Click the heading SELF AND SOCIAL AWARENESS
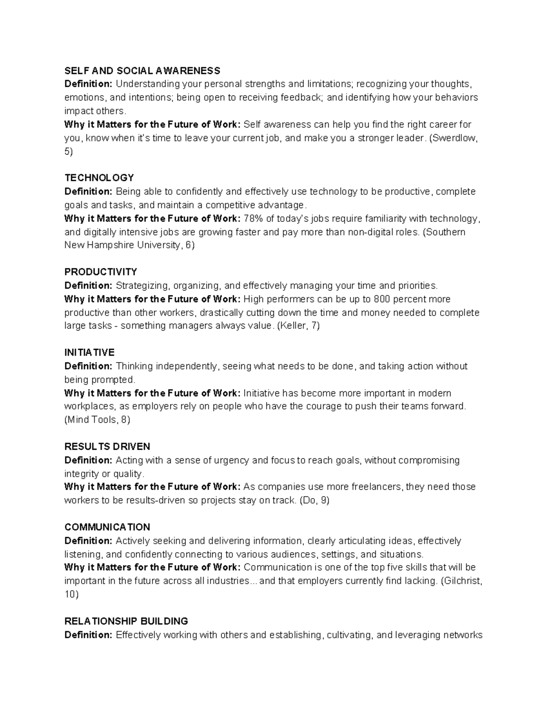(x=142, y=71)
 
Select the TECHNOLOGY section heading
(x=99, y=178)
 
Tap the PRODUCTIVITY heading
(x=100, y=272)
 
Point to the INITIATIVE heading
(x=90, y=352)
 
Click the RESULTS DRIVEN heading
(x=107, y=446)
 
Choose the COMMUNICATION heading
(x=107, y=527)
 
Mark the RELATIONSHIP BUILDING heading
(x=126, y=621)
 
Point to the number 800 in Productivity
(x=381, y=299)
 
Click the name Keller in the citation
(x=293, y=326)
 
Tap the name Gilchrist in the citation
(x=460, y=581)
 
